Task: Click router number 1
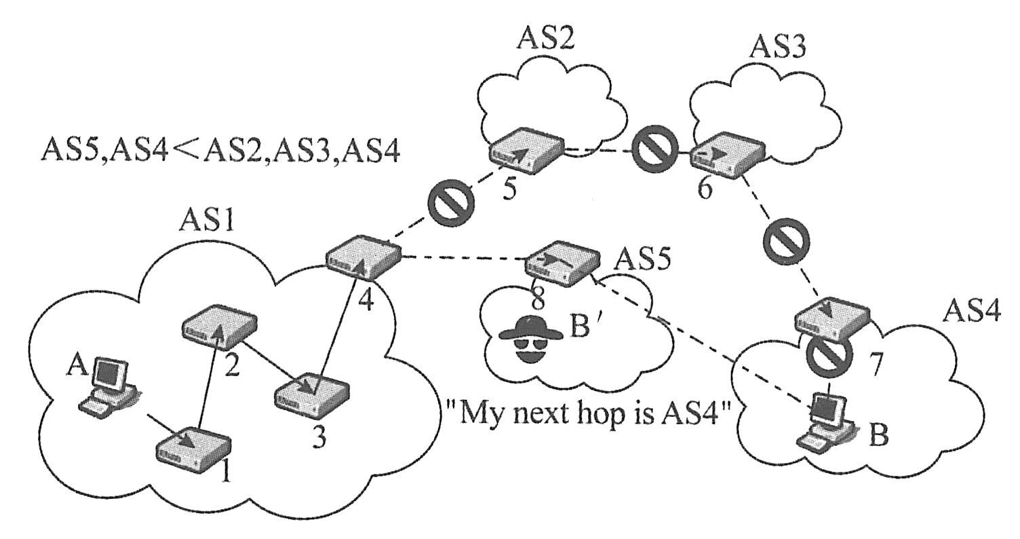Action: pos(194,447)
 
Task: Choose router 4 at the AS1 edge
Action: pos(363,257)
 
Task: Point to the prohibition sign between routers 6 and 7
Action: pos(785,242)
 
